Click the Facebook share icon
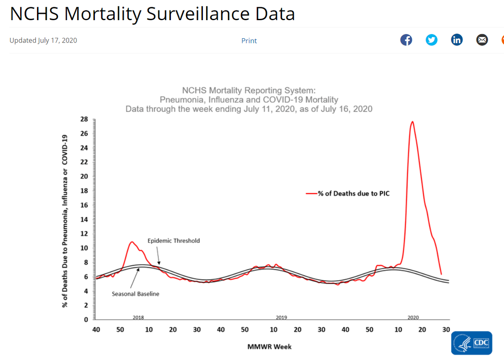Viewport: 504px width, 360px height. click(x=406, y=40)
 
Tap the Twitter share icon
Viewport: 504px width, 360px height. click(x=431, y=40)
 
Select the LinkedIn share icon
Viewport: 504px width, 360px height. click(x=457, y=40)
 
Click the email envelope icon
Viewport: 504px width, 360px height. click(x=482, y=40)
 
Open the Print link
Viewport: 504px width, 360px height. click(x=249, y=41)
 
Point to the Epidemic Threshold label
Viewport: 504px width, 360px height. click(x=173, y=241)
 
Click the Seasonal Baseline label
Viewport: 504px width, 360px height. click(x=135, y=294)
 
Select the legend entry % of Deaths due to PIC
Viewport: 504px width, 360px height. click(x=354, y=194)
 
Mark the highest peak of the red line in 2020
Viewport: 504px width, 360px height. click(x=412, y=122)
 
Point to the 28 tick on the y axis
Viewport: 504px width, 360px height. click(x=84, y=119)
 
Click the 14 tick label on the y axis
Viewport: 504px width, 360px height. click(x=84, y=219)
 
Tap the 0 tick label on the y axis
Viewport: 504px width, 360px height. click(x=86, y=319)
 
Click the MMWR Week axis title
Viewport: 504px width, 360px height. click(x=269, y=347)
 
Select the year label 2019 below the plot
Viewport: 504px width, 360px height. click(x=281, y=318)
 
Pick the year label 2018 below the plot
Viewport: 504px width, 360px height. click(x=138, y=318)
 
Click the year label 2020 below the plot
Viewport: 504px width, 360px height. click(x=413, y=318)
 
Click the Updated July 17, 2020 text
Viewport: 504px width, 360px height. click(x=43, y=40)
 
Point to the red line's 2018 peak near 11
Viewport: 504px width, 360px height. click(x=132, y=242)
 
